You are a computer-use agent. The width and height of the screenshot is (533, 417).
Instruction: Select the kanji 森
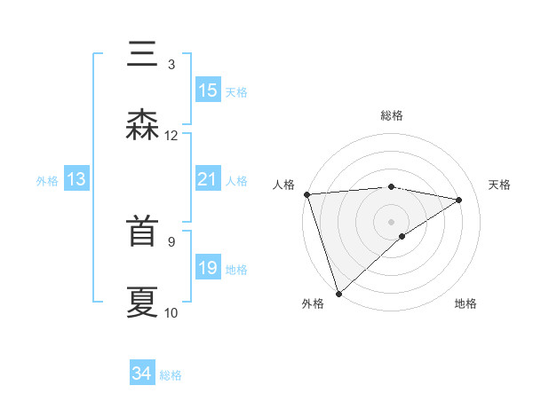[143, 125]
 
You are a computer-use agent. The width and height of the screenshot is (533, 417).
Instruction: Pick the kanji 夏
[143, 302]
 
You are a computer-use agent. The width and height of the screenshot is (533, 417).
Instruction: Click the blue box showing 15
[208, 90]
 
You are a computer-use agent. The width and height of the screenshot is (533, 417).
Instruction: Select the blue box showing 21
[207, 180]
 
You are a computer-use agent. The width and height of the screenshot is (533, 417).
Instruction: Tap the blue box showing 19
[207, 268]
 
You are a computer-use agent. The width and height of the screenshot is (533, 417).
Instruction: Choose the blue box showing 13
[76, 180]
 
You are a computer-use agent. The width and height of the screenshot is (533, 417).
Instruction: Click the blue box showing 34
[142, 374]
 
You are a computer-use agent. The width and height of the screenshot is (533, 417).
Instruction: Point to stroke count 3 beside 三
[171, 64]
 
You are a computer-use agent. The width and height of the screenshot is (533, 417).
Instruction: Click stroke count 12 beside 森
[171, 135]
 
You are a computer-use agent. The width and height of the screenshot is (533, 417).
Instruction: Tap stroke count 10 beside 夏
[171, 312]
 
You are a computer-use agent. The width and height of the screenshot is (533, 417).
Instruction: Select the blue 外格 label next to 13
[47, 181]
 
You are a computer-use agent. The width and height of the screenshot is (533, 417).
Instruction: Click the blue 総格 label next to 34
[171, 375]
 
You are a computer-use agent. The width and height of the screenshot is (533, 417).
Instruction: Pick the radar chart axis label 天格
[500, 185]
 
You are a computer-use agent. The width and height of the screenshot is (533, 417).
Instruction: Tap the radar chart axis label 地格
[465, 303]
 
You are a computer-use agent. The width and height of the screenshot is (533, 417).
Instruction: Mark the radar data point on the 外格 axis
[338, 293]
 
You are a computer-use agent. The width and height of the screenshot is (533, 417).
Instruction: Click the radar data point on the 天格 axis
[459, 200]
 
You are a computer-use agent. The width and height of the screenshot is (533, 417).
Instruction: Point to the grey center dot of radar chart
[391, 220]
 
